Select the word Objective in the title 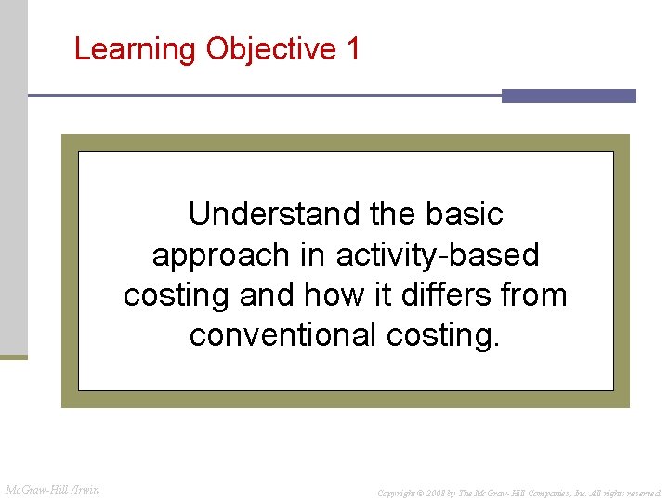point(270,49)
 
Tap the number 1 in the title point(352,48)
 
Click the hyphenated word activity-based point(438,255)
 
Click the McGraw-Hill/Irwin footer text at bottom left point(53,490)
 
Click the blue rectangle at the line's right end point(569,96)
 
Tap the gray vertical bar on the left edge point(13,177)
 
